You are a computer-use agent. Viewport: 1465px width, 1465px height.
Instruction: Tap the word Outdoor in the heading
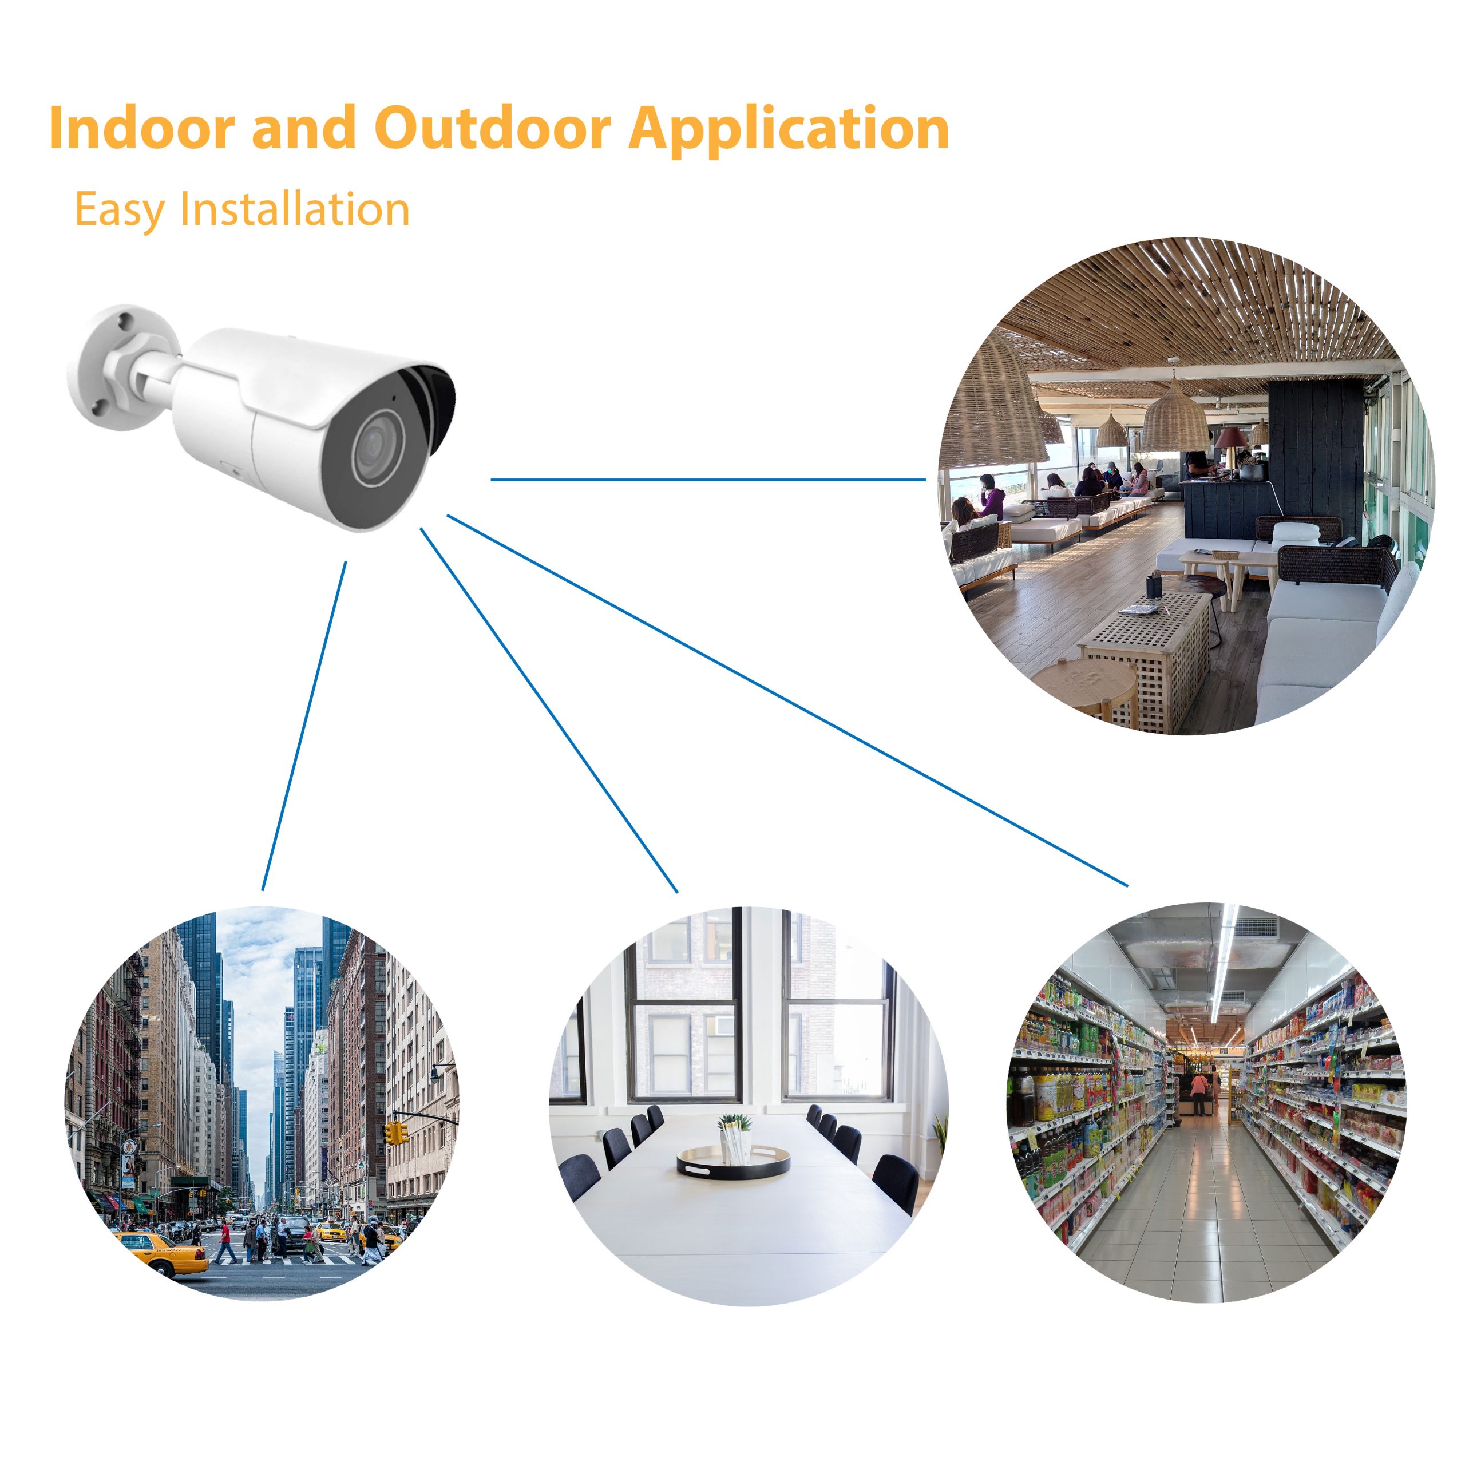pos(492,128)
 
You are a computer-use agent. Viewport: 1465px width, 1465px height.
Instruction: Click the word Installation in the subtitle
pos(295,208)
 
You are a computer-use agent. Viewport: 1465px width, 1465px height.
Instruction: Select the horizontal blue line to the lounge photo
pos(708,479)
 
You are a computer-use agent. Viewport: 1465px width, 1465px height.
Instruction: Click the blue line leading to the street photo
pos(304,726)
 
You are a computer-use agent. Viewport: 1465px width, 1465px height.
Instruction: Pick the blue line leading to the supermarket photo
pos(787,700)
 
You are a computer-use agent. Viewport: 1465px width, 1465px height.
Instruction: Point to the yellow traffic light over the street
pos(395,1133)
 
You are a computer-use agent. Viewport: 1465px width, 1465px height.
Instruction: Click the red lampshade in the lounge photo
pos(1232,437)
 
